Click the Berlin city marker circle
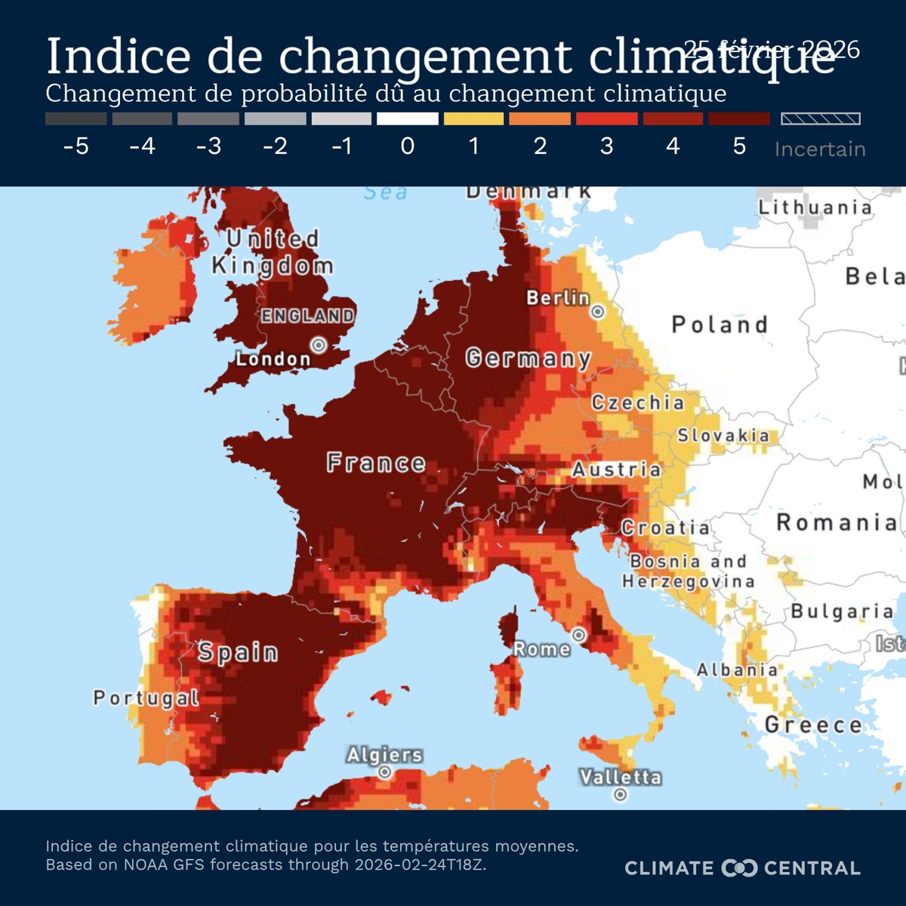(x=598, y=311)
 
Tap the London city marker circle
(x=319, y=345)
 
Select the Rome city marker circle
(x=578, y=635)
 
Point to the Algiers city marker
(x=385, y=772)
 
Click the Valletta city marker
(x=621, y=794)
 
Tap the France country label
(x=376, y=463)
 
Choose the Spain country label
(x=238, y=652)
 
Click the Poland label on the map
(x=720, y=325)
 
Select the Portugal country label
(x=146, y=698)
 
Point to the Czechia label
(x=638, y=402)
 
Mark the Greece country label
(x=813, y=725)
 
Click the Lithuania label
(x=815, y=208)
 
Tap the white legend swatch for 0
(x=408, y=119)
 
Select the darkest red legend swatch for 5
(x=739, y=119)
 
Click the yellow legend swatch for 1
(x=473, y=119)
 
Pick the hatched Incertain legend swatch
(x=820, y=119)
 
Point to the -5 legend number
(x=75, y=146)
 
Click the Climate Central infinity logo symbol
(x=739, y=868)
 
